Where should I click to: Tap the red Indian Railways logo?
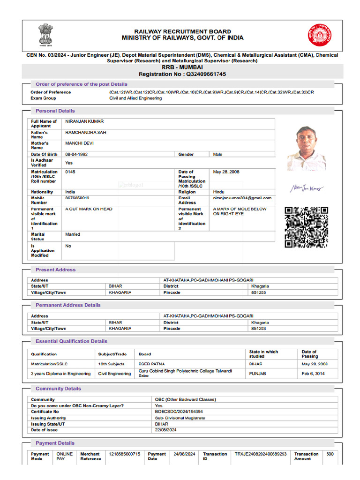pyautogui.click(x=319, y=35)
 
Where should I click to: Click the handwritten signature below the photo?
pyautogui.click(x=306, y=188)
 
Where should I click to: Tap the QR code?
pyautogui.click(x=306, y=227)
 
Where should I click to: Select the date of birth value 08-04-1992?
pyautogui.click(x=76, y=154)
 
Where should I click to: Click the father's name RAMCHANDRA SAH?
pyautogui.click(x=86, y=133)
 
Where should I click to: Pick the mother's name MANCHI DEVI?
pyautogui.click(x=79, y=143)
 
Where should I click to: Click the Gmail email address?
pyautogui.click(x=242, y=198)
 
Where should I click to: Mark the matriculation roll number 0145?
pyautogui.click(x=70, y=172)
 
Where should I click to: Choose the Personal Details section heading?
pyautogui.click(x=55, y=111)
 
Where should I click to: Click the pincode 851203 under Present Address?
pyautogui.click(x=258, y=292)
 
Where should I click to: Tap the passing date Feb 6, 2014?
pyautogui.click(x=313, y=374)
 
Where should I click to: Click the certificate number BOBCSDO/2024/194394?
pyautogui.click(x=179, y=412)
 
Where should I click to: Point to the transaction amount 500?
pyautogui.click(x=330, y=454)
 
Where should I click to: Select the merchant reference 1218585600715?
pyautogui.click(x=124, y=454)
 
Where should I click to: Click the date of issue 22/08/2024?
pyautogui.click(x=165, y=430)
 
